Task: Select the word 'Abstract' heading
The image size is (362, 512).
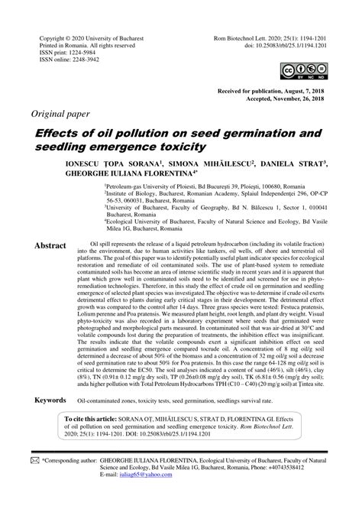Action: click(x=50, y=225)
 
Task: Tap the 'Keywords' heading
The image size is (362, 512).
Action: click(x=50, y=401)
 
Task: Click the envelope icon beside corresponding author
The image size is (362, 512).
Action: click(x=34, y=461)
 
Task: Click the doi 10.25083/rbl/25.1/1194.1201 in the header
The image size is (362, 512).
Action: click(x=285, y=46)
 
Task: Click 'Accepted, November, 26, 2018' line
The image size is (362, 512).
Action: click(x=282, y=98)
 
